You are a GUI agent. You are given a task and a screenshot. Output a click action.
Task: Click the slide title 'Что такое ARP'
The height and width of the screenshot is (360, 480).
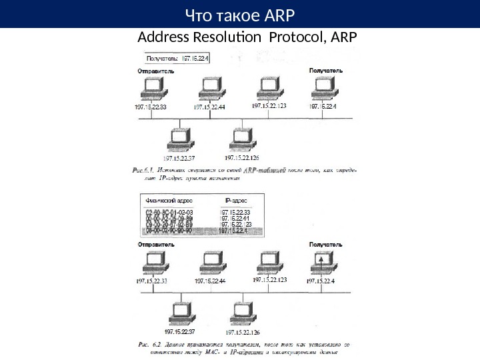pos(240,14)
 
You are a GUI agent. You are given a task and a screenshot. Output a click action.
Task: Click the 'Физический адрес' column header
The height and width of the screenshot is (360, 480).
pos(165,199)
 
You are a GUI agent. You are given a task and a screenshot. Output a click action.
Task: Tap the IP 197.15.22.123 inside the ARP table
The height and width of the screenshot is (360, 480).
pos(236,224)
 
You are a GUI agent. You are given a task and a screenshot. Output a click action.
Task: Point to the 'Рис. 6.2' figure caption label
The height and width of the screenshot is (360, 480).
pos(151,344)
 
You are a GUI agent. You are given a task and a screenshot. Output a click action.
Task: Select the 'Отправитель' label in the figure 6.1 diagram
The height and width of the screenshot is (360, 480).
pos(156,70)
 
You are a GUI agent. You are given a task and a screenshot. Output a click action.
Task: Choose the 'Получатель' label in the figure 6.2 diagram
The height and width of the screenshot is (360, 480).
pos(326,245)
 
